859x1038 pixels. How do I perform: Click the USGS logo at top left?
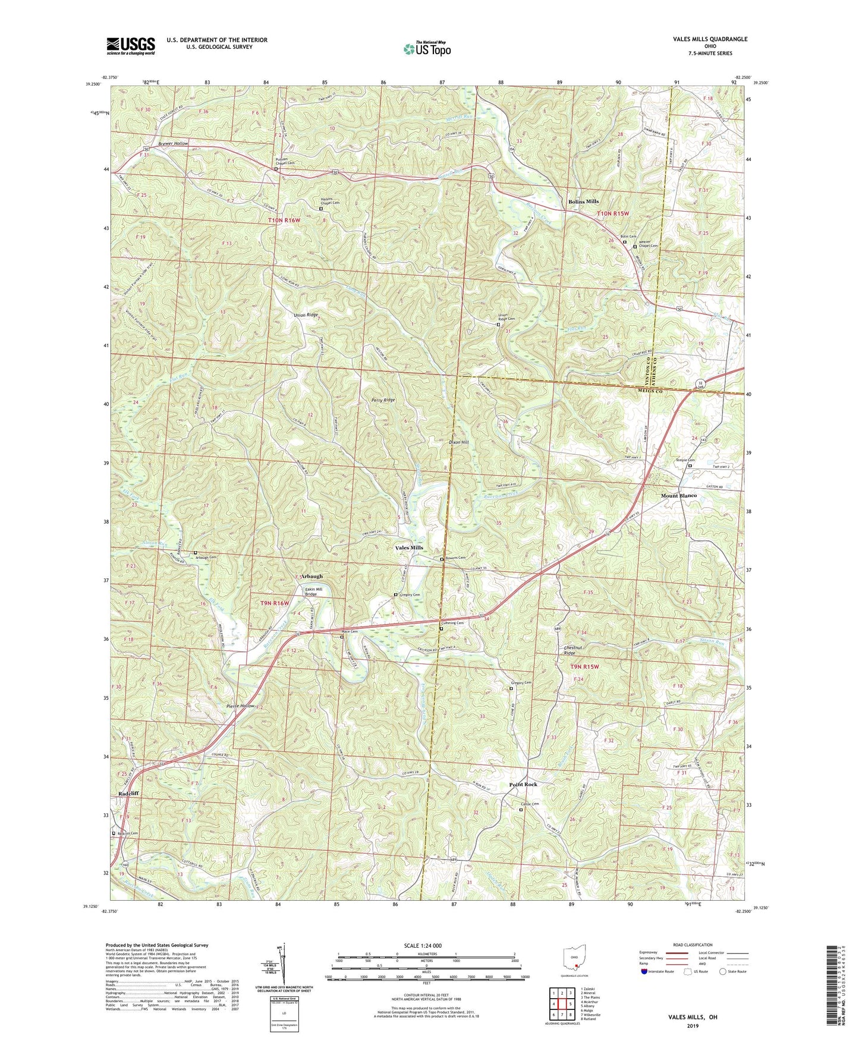(131, 45)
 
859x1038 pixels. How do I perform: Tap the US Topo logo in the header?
(426, 49)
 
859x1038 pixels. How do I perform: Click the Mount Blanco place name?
(679, 495)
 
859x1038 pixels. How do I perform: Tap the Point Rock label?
(523, 785)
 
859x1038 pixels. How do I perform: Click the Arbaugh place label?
(311, 576)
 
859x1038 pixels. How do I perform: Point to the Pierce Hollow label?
(241, 706)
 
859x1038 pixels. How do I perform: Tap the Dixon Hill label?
(458, 442)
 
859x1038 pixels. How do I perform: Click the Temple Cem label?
(684, 460)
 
